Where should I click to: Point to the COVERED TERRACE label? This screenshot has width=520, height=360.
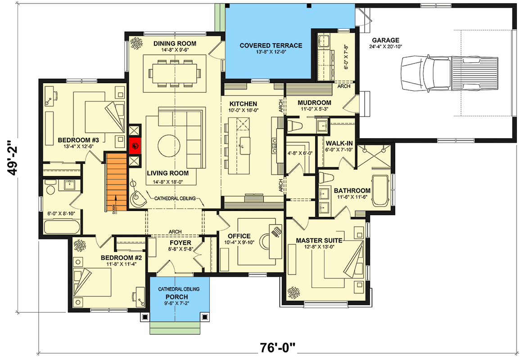pyautogui.click(x=271, y=45)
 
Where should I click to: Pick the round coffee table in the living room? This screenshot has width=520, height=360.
pyautogui.click(x=170, y=145)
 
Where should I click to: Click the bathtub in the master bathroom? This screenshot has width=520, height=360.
pyautogui.click(x=381, y=192)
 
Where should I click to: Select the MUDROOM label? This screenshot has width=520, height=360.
pyautogui.click(x=314, y=103)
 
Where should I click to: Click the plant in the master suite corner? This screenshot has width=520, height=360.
pyautogui.click(x=294, y=293)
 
